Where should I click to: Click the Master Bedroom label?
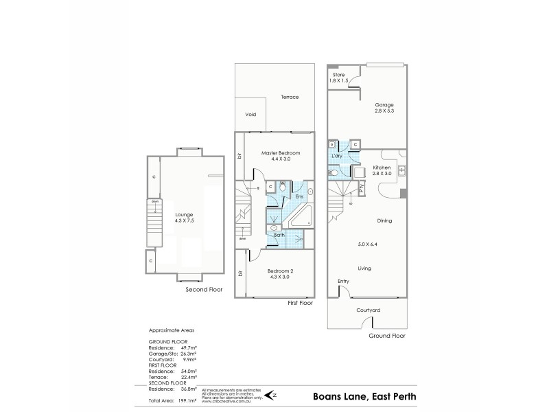click(280, 152)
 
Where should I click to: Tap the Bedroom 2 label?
click(280, 271)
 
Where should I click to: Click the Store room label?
click(338, 74)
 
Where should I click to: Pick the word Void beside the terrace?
click(250, 115)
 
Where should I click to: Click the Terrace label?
click(290, 97)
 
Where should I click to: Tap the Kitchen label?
click(382, 168)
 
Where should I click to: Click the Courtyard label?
click(368, 310)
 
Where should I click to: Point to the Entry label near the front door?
click(343, 282)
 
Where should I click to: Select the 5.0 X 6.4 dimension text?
click(369, 244)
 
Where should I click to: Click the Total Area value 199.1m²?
click(187, 399)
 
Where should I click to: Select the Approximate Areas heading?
click(168, 330)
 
